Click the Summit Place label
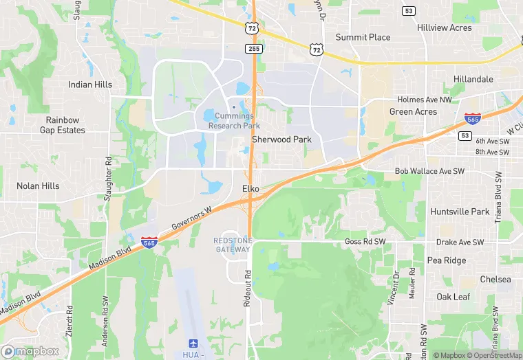(x=363, y=37)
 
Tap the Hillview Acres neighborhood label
(x=445, y=27)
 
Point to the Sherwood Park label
(x=281, y=139)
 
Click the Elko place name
(x=250, y=188)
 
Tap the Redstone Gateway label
(x=233, y=245)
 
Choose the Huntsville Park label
(x=460, y=212)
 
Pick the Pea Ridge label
(x=447, y=260)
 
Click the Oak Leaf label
(x=453, y=297)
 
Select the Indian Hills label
(x=90, y=85)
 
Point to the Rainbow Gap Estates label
(x=63, y=125)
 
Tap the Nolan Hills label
(x=38, y=185)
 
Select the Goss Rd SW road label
(x=363, y=243)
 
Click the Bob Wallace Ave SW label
(x=430, y=170)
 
